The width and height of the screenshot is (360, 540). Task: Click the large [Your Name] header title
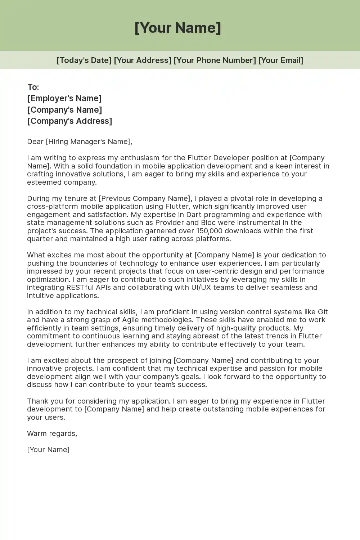pos(178,28)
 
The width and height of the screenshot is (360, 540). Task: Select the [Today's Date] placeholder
pos(84,60)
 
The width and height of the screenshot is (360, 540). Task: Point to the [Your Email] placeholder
pos(280,60)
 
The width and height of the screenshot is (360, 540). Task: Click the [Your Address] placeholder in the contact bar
pos(143,60)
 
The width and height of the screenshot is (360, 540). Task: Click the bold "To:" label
pos(33,87)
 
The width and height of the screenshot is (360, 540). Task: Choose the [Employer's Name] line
pos(64,99)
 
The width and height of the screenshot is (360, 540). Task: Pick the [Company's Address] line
pos(70,121)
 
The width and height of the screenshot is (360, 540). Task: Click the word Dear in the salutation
pos(35,142)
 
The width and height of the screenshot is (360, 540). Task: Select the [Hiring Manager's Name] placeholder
pos(88,142)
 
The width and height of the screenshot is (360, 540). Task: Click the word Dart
pos(194,215)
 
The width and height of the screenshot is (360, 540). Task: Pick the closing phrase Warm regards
pos(52,434)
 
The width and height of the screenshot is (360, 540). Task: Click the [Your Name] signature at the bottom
pos(48,450)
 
